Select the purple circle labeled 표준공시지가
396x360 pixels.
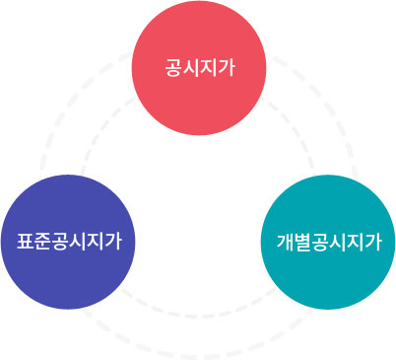click(69, 242)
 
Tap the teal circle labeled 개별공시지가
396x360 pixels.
click(328, 242)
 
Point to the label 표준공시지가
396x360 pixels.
click(69, 241)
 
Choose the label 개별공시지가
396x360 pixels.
click(328, 242)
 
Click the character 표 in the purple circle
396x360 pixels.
click(25, 241)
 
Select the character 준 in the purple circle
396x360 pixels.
click(42, 241)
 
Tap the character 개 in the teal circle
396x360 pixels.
click(284, 242)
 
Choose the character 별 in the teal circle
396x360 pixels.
click(301, 242)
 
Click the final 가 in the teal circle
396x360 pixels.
click(372, 242)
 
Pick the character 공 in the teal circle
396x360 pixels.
click(319, 242)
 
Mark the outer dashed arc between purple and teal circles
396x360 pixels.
click(197, 351)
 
